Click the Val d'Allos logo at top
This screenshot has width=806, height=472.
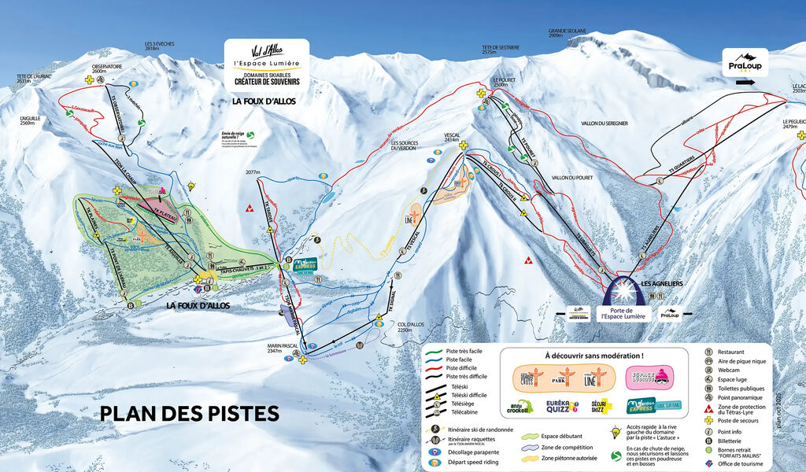click(267, 53)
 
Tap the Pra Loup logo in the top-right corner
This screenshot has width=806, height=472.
click(745, 59)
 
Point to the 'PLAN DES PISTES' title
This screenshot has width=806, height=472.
click(189, 413)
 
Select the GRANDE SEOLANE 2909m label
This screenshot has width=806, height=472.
click(566, 33)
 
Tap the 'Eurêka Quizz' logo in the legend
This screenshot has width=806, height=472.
click(563, 406)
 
